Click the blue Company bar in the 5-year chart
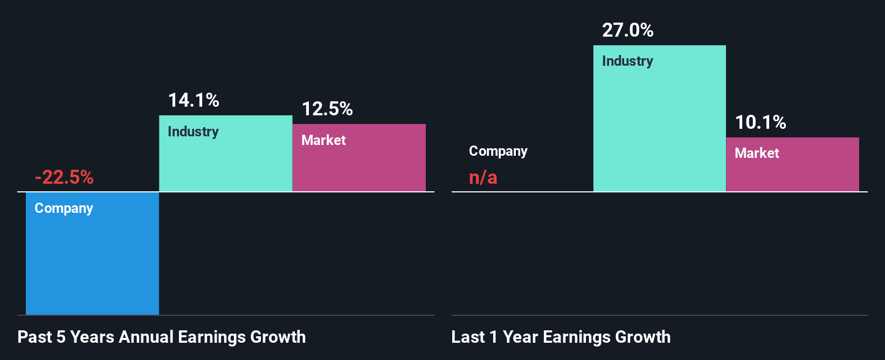click(92, 259)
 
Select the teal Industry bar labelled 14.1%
click(225, 162)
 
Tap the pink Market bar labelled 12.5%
click(359, 167)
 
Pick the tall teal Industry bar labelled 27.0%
click(659, 129)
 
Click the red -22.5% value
click(64, 177)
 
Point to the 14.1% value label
click(193, 100)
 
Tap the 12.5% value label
click(327, 109)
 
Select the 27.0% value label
click(628, 30)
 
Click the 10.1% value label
click(760, 122)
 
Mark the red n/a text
click(483, 177)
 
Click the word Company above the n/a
click(498, 151)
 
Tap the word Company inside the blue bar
click(64, 208)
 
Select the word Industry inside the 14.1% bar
click(193, 131)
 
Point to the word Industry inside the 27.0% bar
click(627, 61)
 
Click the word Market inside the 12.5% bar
click(323, 140)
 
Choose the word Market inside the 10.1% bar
click(757, 153)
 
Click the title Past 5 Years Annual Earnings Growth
click(162, 337)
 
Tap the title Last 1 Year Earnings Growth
click(561, 337)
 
